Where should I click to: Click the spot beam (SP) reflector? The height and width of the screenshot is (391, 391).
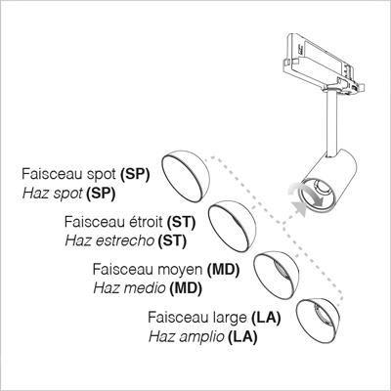(186, 176)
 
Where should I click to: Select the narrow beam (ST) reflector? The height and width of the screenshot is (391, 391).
(233, 226)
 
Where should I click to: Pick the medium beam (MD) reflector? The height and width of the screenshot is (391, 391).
(277, 276)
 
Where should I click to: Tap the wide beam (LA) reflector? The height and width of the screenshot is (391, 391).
(318, 320)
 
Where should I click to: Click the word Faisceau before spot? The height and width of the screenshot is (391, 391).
(48, 174)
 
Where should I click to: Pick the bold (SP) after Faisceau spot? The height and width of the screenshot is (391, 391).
(135, 174)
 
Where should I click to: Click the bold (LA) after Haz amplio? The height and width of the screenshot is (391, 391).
(242, 337)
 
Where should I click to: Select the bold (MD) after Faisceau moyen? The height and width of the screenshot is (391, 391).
(223, 270)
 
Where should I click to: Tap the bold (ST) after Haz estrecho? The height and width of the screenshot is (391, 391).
(172, 241)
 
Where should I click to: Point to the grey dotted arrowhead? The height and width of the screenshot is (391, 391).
(299, 209)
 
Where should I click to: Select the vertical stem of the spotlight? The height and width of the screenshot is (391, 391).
(331, 125)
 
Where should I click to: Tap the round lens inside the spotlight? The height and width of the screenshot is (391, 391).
(322, 187)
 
